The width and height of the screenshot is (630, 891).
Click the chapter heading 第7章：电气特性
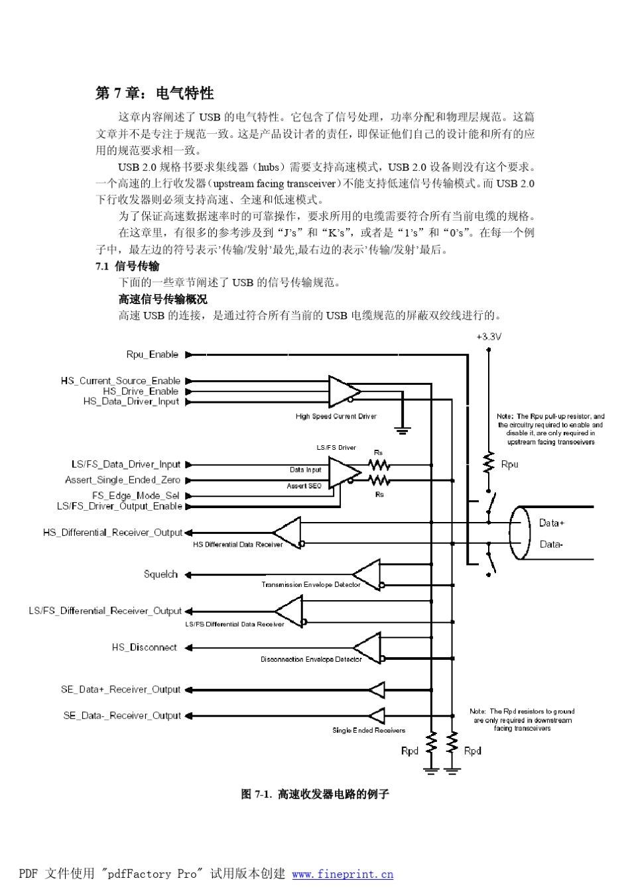155,93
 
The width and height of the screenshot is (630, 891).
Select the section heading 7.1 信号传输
127,266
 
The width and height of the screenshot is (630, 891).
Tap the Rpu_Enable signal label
152,354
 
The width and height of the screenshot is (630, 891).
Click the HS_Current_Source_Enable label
120,380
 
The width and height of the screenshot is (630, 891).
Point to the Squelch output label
160,574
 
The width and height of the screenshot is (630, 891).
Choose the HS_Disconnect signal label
144,647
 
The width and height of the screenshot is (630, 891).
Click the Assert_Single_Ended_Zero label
122,480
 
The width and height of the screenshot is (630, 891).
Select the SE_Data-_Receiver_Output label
121,715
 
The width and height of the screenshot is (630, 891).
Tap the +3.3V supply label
489,337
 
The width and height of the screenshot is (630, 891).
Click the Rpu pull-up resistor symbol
489,463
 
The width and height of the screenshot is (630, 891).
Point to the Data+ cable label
552,523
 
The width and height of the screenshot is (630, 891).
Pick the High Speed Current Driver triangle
344,391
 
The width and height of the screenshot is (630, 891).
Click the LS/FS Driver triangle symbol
344,472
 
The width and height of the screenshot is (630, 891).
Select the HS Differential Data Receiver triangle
288,533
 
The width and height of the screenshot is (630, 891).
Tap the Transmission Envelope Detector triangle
367,574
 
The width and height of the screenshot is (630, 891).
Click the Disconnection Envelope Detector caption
311,659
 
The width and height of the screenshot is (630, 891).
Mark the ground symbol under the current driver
402,430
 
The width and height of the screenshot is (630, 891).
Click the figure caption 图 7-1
314,794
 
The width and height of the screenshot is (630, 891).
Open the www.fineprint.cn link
342,874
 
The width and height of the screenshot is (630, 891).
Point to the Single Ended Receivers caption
369,730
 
